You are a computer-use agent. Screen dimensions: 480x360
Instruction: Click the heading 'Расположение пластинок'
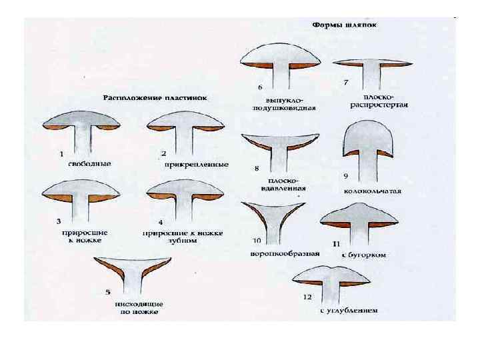(x=155, y=97)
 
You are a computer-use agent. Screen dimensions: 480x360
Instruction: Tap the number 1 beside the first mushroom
(x=61, y=154)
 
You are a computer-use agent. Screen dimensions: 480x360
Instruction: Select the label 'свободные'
(x=89, y=163)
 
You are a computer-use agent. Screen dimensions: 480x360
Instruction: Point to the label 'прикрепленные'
(x=195, y=164)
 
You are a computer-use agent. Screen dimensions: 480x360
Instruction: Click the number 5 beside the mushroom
(x=108, y=292)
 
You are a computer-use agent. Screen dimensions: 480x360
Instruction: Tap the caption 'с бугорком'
(x=364, y=255)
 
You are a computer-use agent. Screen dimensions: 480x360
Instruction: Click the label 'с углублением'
(x=349, y=310)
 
